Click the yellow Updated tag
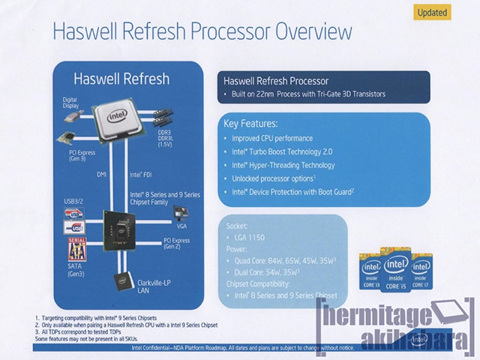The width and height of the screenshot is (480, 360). tap(433, 12)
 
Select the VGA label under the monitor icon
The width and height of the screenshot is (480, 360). tap(182, 226)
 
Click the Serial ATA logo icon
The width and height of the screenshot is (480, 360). tap(76, 248)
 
